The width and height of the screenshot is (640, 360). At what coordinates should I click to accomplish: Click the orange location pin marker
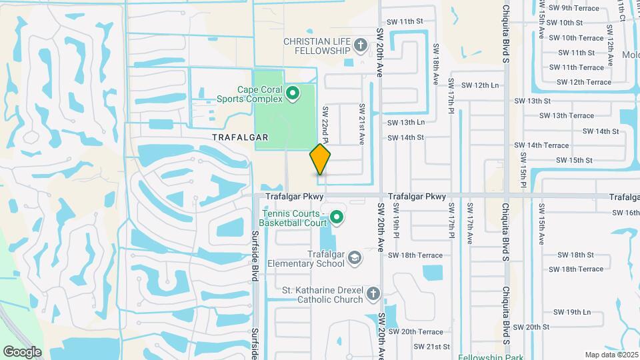[321, 159]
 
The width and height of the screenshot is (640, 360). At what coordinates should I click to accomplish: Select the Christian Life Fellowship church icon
[360, 45]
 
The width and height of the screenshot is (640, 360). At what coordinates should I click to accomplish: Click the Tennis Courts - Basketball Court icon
[337, 217]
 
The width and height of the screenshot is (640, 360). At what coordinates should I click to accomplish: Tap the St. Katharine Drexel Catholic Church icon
[373, 293]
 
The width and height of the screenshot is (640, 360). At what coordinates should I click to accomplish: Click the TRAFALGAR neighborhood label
[240, 137]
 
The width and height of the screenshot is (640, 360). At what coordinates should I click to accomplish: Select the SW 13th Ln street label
[406, 123]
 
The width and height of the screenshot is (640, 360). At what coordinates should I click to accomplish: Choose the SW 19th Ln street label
[569, 312]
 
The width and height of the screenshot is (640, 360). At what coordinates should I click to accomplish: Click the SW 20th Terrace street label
[415, 332]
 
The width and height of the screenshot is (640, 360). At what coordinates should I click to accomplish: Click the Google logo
[22, 351]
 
